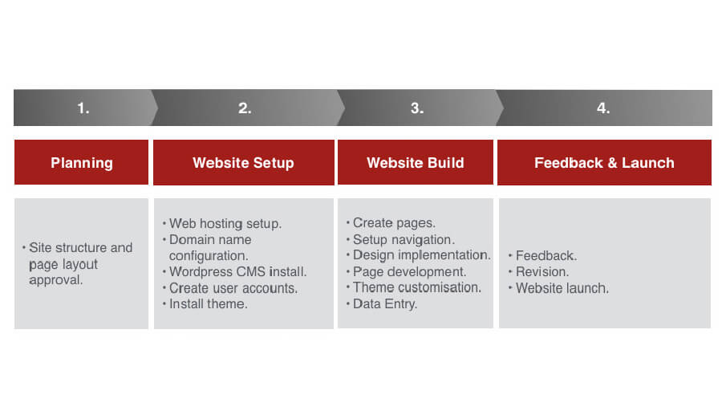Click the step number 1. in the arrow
point(83,108)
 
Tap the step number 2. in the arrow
point(245,108)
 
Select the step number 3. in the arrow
point(416,108)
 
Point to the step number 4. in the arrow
point(603,108)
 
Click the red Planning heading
point(82,163)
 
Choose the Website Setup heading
point(243,163)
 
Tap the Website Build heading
point(416,163)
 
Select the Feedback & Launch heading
point(604,163)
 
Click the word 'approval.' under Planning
point(55,280)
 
